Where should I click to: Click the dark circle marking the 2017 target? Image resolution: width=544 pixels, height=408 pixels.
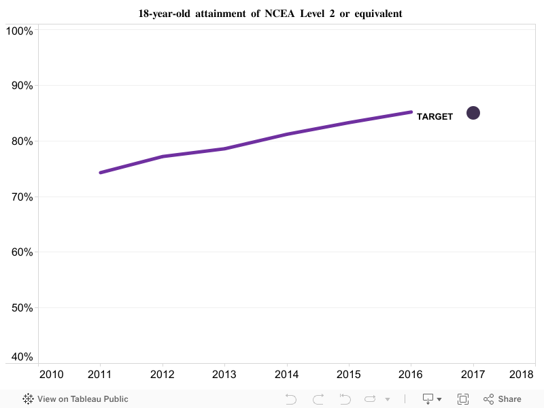pyautogui.click(x=473, y=113)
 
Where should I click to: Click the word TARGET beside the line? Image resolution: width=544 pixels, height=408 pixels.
pyautogui.click(x=435, y=117)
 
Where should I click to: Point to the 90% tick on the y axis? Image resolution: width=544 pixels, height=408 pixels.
pyautogui.click(x=20, y=86)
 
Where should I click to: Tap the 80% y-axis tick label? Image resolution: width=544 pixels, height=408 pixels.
pyautogui.click(x=20, y=141)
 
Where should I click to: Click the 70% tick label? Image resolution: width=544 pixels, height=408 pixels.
pyautogui.click(x=20, y=197)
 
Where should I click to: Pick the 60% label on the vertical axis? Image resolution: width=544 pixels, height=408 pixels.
pyautogui.click(x=20, y=252)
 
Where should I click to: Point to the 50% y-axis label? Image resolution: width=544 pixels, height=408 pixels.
pyautogui.click(x=20, y=308)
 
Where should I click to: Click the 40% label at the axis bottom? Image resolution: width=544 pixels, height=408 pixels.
pyautogui.click(x=20, y=357)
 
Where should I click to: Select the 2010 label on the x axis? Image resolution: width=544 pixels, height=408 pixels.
pyautogui.click(x=52, y=375)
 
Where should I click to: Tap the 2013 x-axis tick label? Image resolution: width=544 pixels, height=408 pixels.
pyautogui.click(x=224, y=375)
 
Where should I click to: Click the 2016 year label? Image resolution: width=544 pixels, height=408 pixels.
pyautogui.click(x=411, y=375)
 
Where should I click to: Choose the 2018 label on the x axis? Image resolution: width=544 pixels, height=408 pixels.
pyautogui.click(x=522, y=375)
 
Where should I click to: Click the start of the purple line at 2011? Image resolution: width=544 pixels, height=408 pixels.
pyautogui.click(x=101, y=173)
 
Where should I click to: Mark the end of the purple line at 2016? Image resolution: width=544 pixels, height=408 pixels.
pyautogui.click(x=411, y=112)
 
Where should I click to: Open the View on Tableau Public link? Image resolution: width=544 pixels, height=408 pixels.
pyautogui.click(x=75, y=399)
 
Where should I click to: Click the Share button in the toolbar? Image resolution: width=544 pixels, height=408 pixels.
pyautogui.click(x=503, y=399)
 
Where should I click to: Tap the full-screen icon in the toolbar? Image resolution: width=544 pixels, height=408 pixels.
pyautogui.click(x=463, y=399)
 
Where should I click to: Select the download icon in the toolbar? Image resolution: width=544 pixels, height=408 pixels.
pyautogui.click(x=429, y=399)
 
